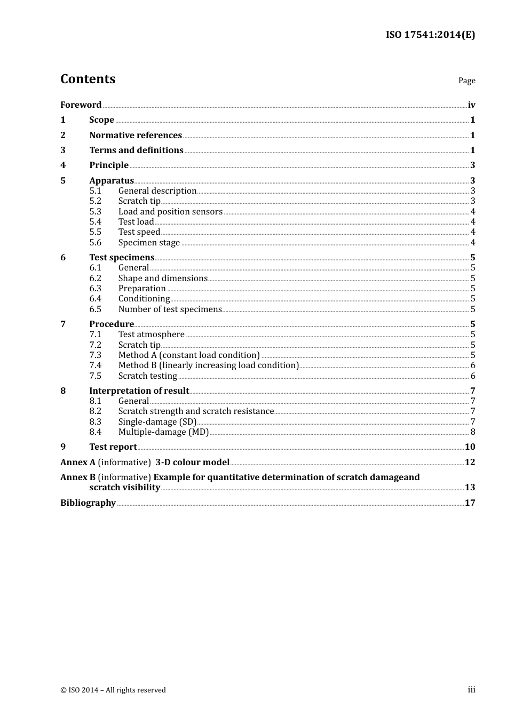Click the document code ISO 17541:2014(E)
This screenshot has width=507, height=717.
click(430, 35)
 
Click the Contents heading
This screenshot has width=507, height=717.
click(88, 79)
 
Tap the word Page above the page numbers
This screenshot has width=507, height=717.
click(466, 81)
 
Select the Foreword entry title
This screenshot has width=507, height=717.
click(81, 105)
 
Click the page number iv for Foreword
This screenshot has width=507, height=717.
click(471, 105)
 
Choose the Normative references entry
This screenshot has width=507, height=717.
click(136, 135)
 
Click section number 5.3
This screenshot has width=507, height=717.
click(95, 211)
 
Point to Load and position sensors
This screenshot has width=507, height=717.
click(170, 211)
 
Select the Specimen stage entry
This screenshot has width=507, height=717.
click(149, 242)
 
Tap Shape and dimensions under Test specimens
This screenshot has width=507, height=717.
click(163, 278)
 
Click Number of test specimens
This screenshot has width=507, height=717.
click(170, 309)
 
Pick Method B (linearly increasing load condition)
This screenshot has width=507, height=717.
click(208, 365)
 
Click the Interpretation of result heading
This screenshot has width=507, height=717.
click(139, 391)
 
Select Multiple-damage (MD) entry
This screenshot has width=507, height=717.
click(163, 432)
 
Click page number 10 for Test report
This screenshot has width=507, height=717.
click(470, 447)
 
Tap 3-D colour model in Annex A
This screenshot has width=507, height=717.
click(192, 462)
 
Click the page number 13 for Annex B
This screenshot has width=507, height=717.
click(470, 487)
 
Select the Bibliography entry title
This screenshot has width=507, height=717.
click(88, 503)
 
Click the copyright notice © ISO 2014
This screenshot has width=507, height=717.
click(113, 690)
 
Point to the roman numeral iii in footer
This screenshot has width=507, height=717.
click(471, 690)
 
